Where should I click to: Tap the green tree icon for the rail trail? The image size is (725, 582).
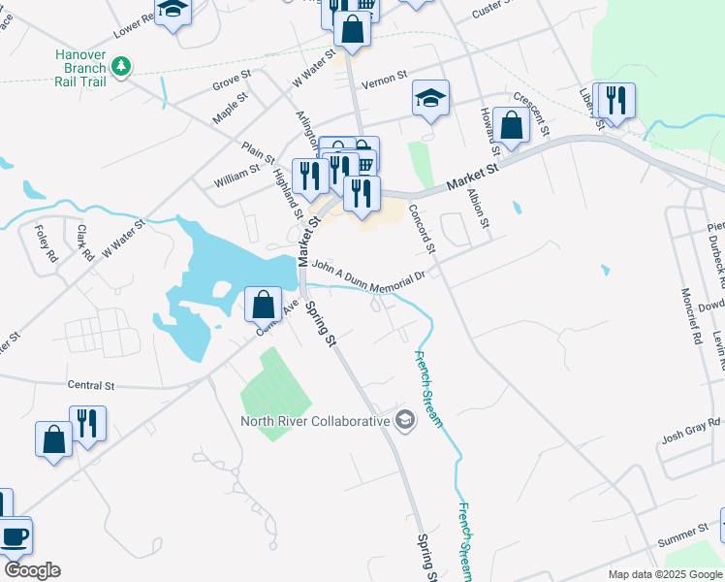pyautogui.click(x=121, y=66)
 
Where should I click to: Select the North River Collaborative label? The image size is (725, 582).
pyautogui.click(x=316, y=420)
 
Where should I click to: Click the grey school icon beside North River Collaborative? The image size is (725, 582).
pyautogui.click(x=405, y=420)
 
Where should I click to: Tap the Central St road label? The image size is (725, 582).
pyautogui.click(x=91, y=385)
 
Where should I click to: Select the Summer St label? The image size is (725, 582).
pyautogui.click(x=683, y=533)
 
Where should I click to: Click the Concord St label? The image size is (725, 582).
pyautogui.click(x=423, y=229)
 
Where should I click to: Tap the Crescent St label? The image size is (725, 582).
pyautogui.click(x=532, y=113)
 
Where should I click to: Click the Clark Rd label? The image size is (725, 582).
pyautogui.click(x=83, y=242)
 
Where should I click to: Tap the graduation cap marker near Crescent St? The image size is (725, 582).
pyautogui.click(x=430, y=98)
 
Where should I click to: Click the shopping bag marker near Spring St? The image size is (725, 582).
pyautogui.click(x=264, y=304)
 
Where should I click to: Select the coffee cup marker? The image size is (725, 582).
pyautogui.click(x=15, y=535)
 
